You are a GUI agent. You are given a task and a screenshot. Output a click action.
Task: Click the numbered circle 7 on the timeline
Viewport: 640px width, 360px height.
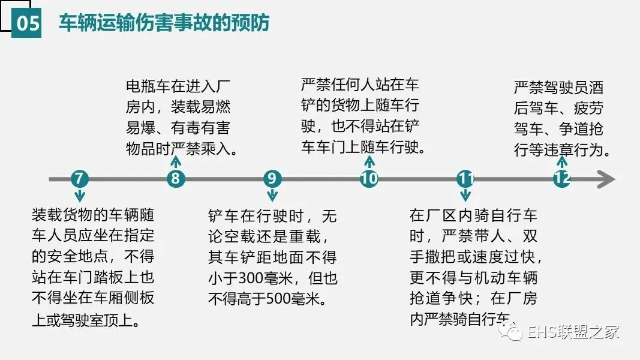[x=79, y=179]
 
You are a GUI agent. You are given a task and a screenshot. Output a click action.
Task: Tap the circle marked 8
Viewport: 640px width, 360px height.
[x=175, y=179]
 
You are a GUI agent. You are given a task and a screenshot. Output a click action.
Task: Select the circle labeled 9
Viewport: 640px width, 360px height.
[x=272, y=179]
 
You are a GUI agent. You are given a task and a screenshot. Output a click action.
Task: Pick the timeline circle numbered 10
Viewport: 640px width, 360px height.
[x=369, y=179]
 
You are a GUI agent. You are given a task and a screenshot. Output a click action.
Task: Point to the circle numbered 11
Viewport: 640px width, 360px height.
[x=465, y=179]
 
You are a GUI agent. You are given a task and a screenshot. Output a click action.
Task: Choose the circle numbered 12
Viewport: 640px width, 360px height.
[x=561, y=179]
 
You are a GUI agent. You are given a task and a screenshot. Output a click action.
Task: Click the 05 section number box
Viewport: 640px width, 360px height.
[x=27, y=23]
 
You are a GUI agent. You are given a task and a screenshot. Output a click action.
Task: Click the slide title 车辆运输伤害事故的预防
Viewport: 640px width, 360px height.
[x=164, y=23]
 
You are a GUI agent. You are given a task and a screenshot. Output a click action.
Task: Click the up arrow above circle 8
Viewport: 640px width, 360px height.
[x=175, y=161]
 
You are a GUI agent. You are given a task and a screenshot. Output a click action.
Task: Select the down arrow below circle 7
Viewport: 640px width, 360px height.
[x=79, y=196]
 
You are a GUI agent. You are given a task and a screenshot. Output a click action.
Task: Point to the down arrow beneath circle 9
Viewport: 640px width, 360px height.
[x=272, y=196]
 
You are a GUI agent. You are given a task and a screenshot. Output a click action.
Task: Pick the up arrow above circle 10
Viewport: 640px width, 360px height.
[x=369, y=161]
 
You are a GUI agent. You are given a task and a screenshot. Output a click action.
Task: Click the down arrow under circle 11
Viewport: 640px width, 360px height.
[x=465, y=196]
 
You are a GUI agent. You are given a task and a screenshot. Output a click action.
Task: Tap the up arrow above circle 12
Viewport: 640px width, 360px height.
[x=561, y=161]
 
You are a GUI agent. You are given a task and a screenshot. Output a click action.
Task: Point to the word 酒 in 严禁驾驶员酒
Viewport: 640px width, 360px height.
[x=595, y=88]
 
